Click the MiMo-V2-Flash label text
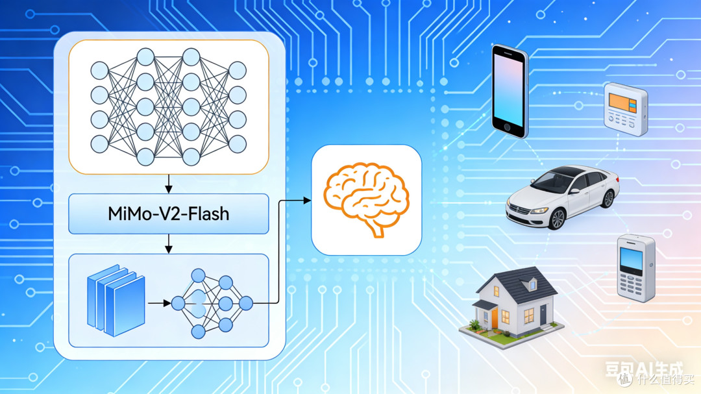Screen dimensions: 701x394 click(x=169, y=214)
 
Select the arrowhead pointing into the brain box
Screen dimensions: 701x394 click(x=307, y=201)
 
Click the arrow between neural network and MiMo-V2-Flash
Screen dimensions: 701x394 click(x=169, y=183)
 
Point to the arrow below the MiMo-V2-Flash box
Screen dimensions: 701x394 click(x=169, y=243)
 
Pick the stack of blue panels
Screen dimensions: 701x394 click(x=116, y=300)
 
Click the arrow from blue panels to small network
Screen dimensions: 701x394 click(x=159, y=303)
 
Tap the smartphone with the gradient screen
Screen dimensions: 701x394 click(x=510, y=92)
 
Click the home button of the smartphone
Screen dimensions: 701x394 click(x=507, y=127)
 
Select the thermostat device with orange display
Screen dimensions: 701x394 click(x=626, y=109)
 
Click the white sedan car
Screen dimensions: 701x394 click(x=562, y=197)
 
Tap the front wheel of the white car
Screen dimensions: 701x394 click(x=557, y=219)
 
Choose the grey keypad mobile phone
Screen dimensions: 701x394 click(x=635, y=268)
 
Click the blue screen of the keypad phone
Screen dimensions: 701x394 click(x=631, y=260)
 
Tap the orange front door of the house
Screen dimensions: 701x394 click(x=495, y=318)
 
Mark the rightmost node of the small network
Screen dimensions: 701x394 click(x=246, y=303)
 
